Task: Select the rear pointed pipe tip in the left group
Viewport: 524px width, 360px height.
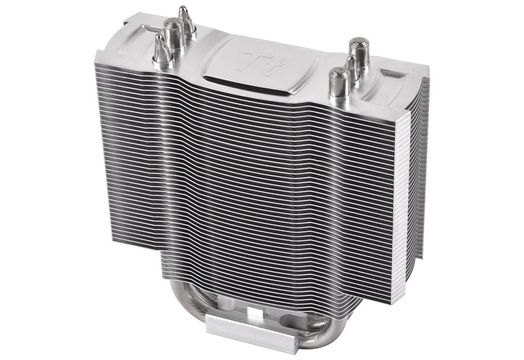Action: [x=186, y=20]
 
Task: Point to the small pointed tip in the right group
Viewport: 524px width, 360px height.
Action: [x=352, y=69]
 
